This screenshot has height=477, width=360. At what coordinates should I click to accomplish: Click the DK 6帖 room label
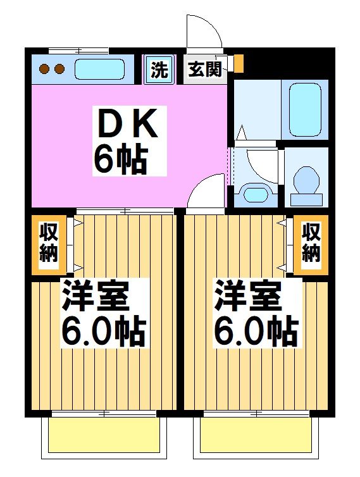point(126,141)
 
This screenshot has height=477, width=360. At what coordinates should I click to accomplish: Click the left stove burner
point(45,69)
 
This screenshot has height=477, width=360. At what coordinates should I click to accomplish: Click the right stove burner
point(59,69)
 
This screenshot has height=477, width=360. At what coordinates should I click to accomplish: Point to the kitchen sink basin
point(99,69)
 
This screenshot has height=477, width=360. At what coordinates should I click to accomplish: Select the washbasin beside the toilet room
point(255,194)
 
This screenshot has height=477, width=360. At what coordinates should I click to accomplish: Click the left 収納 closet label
point(49,244)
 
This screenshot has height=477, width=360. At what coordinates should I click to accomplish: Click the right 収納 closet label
point(311,244)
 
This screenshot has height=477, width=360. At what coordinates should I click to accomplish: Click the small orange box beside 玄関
point(239,63)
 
